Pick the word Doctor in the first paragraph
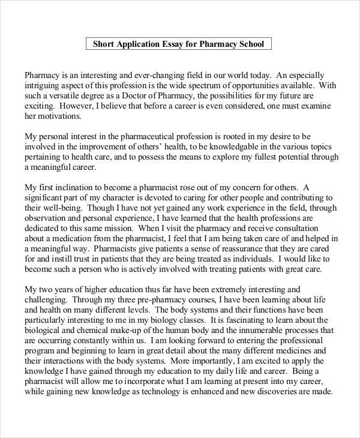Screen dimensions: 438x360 145,95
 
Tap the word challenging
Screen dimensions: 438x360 46,299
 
